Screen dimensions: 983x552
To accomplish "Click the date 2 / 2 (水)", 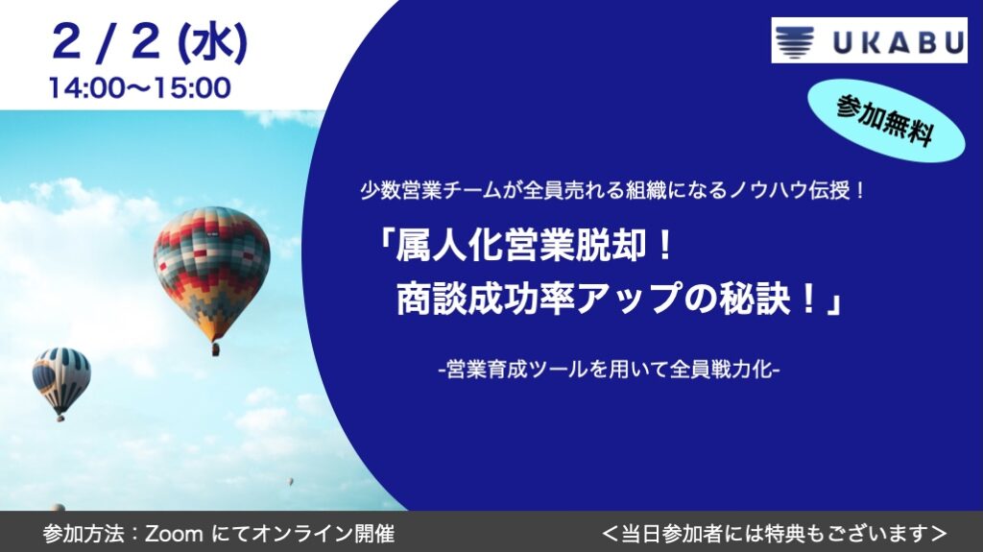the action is click(150, 42).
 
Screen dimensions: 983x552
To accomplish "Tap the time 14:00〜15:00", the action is click(140, 87).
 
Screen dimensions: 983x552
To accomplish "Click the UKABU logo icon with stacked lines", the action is click(795, 41).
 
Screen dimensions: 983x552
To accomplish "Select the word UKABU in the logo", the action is click(898, 42).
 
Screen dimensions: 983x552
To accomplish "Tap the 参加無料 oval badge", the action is click(885, 120).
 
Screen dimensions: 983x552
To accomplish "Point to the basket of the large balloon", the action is click(216, 349).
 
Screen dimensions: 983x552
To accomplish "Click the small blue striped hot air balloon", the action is click(61, 378).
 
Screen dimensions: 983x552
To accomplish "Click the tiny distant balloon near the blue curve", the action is click(291, 482).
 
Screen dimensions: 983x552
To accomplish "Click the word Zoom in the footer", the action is click(175, 534).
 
